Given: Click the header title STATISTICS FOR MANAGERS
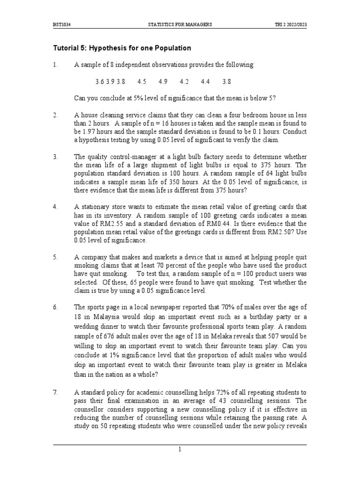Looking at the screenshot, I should click(180, 24).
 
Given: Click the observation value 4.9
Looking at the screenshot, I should click(163, 81).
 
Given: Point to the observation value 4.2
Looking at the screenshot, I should click(184, 81).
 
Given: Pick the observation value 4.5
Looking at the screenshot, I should click(142, 81).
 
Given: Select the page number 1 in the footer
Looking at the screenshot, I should click(180, 450).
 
